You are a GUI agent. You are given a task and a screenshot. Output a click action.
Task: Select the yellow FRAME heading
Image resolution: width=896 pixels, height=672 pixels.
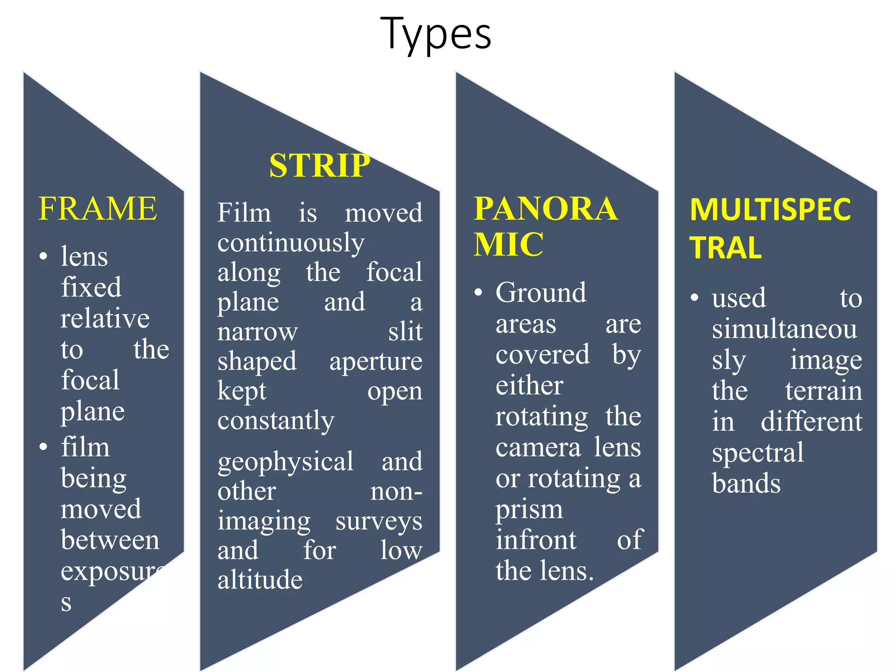(98, 209)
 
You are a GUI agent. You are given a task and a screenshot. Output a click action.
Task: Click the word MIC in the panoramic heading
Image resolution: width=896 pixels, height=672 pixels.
(508, 244)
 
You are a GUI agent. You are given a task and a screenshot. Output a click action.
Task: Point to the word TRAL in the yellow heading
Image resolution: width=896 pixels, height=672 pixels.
(725, 248)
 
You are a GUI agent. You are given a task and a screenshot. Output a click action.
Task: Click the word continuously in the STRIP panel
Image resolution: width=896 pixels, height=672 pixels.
(291, 243)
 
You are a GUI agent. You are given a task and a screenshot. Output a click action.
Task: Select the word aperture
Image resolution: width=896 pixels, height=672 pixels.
(376, 362)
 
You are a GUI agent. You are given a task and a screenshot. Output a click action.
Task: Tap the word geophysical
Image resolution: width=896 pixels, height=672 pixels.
(285, 462)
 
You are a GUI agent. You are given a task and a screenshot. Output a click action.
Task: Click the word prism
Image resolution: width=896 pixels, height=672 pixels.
(529, 510)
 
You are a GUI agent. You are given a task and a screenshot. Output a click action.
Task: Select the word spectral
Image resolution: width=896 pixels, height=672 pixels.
(758, 453)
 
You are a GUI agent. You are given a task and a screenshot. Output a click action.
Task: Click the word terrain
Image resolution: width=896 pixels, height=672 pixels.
(824, 391)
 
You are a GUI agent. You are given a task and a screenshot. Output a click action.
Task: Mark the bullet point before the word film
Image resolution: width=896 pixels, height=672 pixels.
(43, 447)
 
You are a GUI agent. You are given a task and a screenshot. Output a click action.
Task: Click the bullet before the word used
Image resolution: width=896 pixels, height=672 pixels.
(694, 298)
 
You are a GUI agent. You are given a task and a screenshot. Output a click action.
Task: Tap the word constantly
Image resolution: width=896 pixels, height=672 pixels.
(276, 421)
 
